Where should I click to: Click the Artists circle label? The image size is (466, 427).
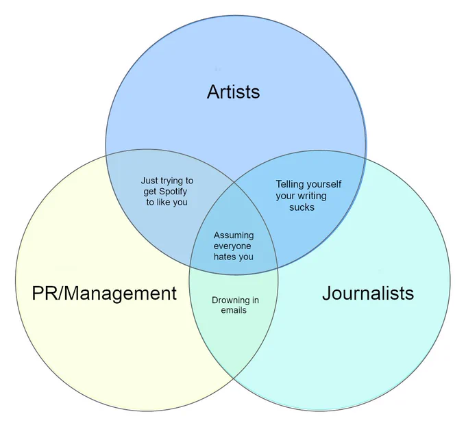[233, 92]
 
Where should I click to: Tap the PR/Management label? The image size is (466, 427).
[104, 294]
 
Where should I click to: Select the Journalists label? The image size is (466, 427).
[368, 293]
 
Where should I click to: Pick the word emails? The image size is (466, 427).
[234, 311]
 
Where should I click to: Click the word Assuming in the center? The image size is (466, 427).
[234, 236]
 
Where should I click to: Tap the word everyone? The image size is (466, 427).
[232, 246]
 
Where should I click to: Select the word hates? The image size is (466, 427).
[224, 257]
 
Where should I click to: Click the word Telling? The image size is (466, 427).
[289, 185]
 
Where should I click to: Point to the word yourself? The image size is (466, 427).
[323, 185]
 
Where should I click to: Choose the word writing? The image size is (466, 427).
[312, 196]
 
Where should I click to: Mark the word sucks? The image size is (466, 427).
[302, 207]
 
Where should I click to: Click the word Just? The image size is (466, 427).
[149, 181]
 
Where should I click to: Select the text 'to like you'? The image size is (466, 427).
[167, 203]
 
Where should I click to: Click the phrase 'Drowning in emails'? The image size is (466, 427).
[235, 305]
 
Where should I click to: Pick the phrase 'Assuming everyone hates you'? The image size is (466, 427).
[234, 246]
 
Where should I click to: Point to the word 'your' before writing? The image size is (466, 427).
[286, 196]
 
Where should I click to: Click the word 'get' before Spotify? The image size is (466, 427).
[150, 192]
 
